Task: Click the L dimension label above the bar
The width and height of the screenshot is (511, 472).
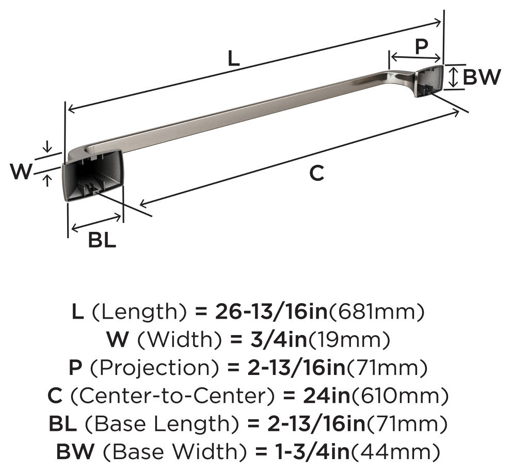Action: coord(233,59)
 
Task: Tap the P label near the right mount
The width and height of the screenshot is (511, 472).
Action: coord(421,46)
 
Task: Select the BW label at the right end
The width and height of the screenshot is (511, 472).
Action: coord(482,77)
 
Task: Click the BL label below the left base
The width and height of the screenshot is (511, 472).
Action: coord(102,240)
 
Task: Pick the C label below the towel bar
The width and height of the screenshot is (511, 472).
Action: coord(316,173)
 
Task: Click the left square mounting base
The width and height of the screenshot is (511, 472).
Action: coord(92,175)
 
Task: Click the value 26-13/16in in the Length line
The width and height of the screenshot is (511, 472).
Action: coord(271,311)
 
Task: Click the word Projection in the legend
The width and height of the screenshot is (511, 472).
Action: coord(154,368)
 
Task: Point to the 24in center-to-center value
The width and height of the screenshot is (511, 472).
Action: coord(326,396)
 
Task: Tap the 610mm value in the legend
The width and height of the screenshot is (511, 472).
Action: coord(400,396)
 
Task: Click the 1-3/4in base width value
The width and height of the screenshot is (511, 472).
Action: coord(312,451)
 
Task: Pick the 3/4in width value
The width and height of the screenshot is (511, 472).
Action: coord(277,339)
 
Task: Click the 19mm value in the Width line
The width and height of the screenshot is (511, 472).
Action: coord(349,340)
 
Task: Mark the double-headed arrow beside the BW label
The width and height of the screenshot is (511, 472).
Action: coord(452,77)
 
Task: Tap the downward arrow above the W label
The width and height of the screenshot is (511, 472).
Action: coord(47,147)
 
